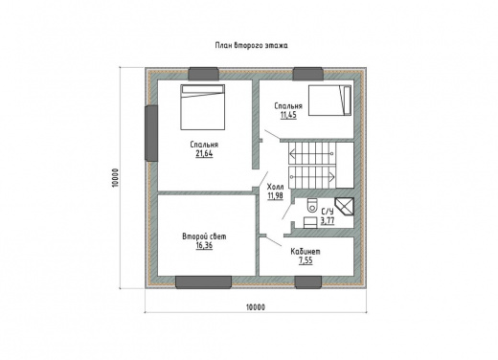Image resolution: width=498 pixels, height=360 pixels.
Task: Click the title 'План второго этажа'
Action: (251, 46)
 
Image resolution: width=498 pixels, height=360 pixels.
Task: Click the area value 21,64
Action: (204, 154)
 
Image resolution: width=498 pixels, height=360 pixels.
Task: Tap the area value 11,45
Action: (288, 115)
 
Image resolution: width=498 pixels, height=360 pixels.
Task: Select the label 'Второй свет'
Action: (204, 236)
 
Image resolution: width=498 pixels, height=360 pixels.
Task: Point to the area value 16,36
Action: (204, 245)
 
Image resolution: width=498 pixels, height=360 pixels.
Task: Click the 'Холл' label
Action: (275, 187)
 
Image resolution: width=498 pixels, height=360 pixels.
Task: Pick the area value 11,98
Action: (275, 195)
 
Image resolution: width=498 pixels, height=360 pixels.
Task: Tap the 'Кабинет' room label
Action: (306, 252)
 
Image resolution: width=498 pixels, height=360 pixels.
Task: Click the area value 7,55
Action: (306, 260)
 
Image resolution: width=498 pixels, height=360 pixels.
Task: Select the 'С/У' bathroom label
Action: (328, 212)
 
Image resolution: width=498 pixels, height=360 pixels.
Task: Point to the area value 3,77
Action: (328, 220)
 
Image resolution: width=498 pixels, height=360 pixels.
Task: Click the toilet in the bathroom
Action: (311, 205)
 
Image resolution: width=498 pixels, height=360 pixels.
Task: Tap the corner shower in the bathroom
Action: (345, 207)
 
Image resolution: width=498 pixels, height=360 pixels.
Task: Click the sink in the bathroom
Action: (310, 223)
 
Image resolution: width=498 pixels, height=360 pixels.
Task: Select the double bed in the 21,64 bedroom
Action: (203, 107)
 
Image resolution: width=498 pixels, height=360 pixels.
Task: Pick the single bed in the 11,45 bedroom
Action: (329, 101)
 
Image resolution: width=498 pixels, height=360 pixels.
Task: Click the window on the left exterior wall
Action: (151, 133)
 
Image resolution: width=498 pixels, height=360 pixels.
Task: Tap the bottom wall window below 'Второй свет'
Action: (203, 282)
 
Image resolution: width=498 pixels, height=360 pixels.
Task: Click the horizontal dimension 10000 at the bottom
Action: (256, 307)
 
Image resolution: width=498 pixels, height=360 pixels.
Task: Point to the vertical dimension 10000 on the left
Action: (116, 178)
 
